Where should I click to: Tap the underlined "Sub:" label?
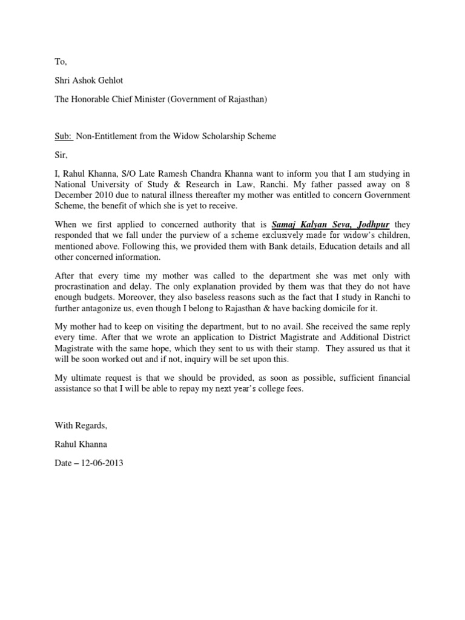coord(64,136)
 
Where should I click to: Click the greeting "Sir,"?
coord(61,155)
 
